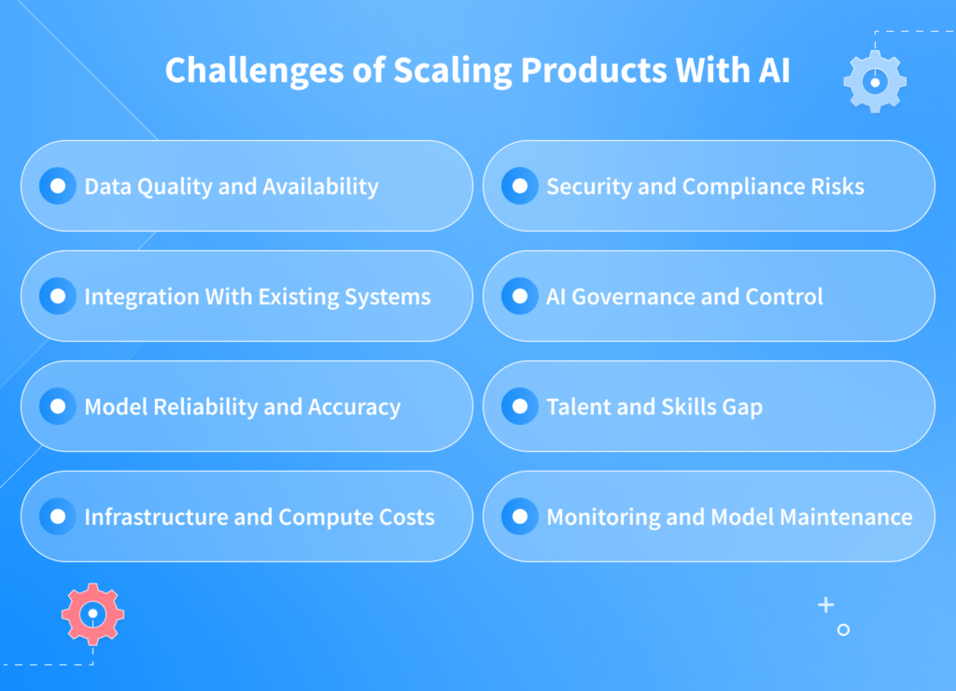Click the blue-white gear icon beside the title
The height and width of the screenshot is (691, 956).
tap(875, 82)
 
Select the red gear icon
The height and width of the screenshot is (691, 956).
tap(92, 614)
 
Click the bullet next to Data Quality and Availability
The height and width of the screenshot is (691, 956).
tap(58, 186)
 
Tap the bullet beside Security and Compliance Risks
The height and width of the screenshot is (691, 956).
tap(520, 186)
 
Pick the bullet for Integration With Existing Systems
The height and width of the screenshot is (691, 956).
tap(58, 296)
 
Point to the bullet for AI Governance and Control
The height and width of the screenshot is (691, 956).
tap(520, 296)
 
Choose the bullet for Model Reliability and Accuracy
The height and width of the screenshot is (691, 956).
tap(58, 406)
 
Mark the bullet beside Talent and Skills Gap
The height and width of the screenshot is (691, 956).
tap(520, 406)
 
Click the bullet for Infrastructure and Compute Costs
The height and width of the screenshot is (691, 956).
tap(58, 516)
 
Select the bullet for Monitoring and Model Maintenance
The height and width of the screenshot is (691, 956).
tap(520, 516)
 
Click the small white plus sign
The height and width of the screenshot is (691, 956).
tap(825, 605)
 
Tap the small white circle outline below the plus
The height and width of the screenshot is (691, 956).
tap(843, 630)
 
